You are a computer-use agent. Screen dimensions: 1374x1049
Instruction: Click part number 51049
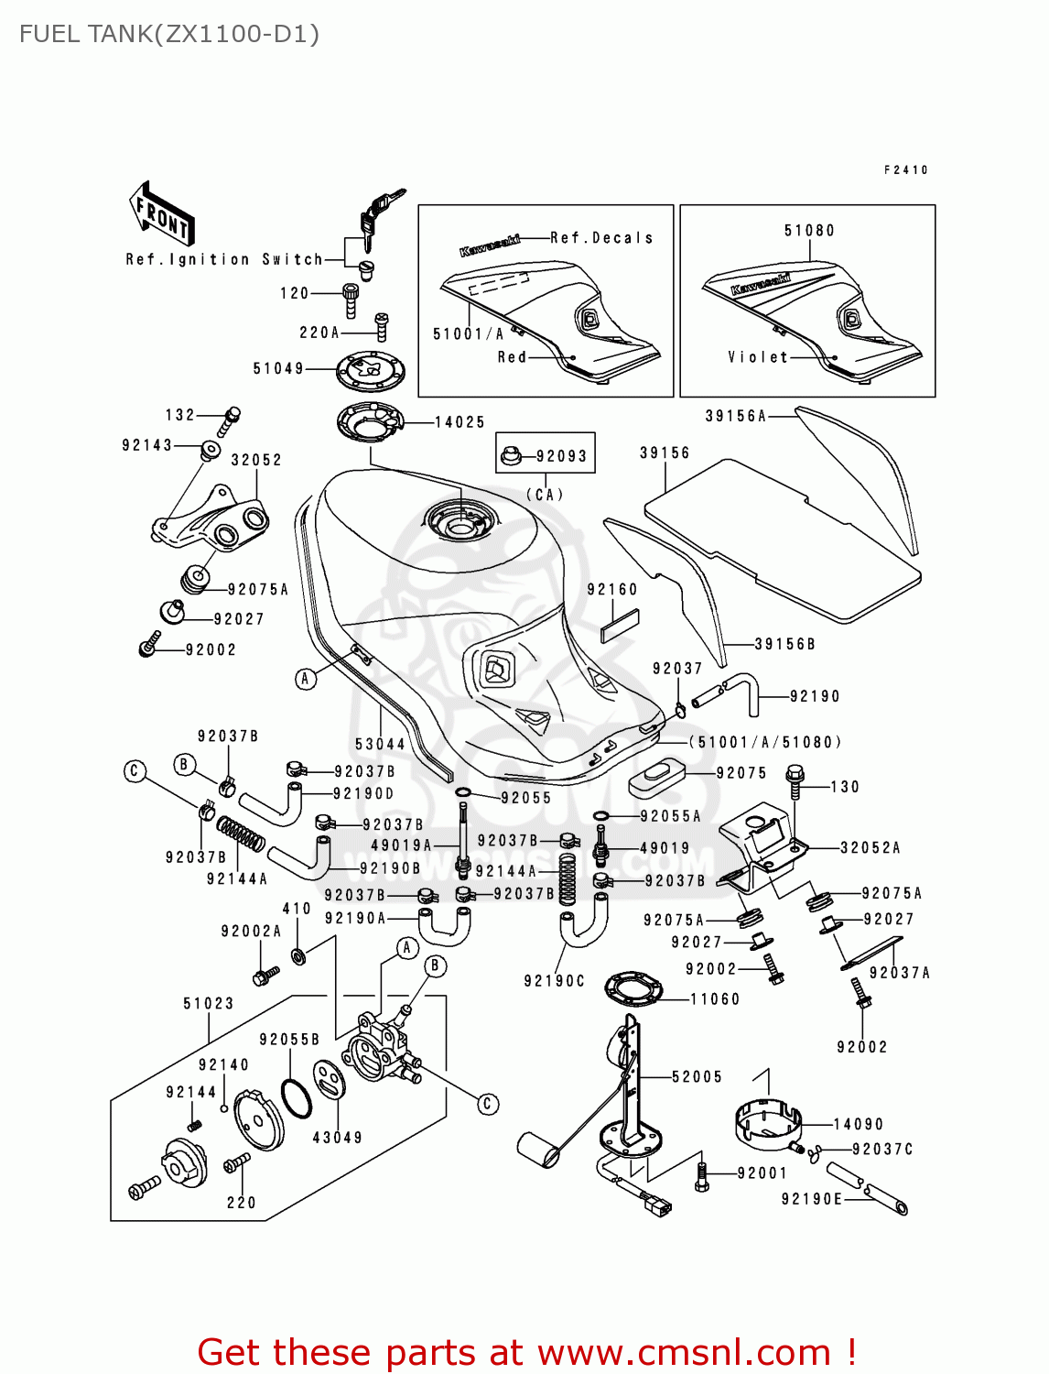coord(278,369)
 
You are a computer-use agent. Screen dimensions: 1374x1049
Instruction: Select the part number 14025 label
coord(460,422)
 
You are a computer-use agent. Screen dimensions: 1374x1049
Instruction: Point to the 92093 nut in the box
coord(511,454)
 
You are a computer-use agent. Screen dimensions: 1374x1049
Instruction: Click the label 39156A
coord(735,416)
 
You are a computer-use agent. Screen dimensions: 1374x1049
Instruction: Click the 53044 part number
coord(380,744)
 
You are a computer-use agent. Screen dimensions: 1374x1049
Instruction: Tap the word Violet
coord(758,357)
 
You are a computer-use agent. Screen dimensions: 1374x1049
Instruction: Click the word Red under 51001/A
coord(512,357)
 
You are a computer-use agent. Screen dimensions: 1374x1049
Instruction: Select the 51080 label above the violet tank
coord(809,231)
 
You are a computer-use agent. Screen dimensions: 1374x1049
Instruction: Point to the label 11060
coord(714,999)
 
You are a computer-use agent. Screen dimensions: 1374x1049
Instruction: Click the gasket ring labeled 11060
coord(633,989)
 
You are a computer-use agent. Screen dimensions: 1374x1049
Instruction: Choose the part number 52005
coord(697,1077)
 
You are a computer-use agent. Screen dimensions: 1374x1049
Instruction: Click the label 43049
coord(338,1138)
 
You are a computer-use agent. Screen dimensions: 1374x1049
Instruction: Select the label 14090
coord(858,1124)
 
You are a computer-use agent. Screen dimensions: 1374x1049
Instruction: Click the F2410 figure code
coord(906,169)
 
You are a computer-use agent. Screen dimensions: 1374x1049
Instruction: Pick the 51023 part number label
coord(209,1004)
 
